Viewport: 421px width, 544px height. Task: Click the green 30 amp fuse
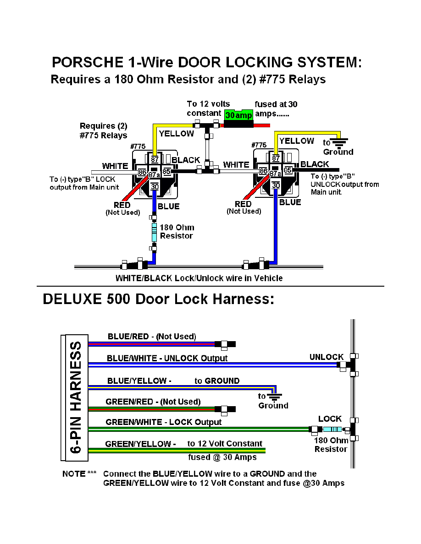click(238, 115)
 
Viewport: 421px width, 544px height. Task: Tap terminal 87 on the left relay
click(155, 159)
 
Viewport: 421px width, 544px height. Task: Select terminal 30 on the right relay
click(276, 185)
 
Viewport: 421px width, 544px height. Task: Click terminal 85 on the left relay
click(167, 171)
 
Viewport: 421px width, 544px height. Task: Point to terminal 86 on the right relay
click(263, 171)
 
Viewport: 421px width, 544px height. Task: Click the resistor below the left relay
click(154, 233)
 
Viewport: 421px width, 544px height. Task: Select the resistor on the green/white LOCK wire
click(332, 430)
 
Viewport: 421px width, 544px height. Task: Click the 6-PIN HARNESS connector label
click(76, 397)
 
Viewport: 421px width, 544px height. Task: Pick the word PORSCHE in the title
click(88, 62)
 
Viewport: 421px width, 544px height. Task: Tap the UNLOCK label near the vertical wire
click(327, 357)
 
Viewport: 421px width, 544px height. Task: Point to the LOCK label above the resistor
click(330, 419)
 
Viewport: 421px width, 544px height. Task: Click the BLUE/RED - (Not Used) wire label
click(152, 337)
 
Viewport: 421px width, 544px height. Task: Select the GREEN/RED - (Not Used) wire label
click(153, 402)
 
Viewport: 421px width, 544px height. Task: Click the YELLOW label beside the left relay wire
click(177, 134)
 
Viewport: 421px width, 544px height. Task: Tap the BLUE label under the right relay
click(290, 202)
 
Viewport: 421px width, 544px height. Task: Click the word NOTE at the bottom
click(74, 474)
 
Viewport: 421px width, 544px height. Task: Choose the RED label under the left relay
click(122, 205)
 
